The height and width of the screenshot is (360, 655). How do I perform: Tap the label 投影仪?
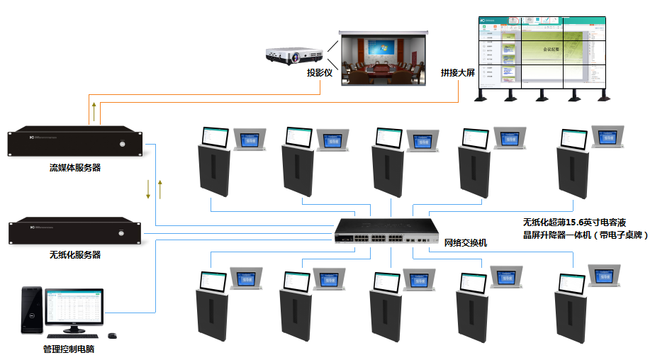coord(320,72)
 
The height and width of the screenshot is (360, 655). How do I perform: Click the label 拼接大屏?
coord(457,72)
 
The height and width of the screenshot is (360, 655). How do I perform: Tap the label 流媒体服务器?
coord(75,168)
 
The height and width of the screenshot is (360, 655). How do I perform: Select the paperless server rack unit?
coord(75,232)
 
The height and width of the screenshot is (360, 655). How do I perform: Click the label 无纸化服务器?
coord(75,254)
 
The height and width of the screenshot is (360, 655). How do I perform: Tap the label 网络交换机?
coord(465,243)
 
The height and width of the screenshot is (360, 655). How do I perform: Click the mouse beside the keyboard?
coord(112,335)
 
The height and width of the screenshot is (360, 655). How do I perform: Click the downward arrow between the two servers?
coord(148,189)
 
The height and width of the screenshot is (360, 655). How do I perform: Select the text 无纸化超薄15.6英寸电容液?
coord(574,221)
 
